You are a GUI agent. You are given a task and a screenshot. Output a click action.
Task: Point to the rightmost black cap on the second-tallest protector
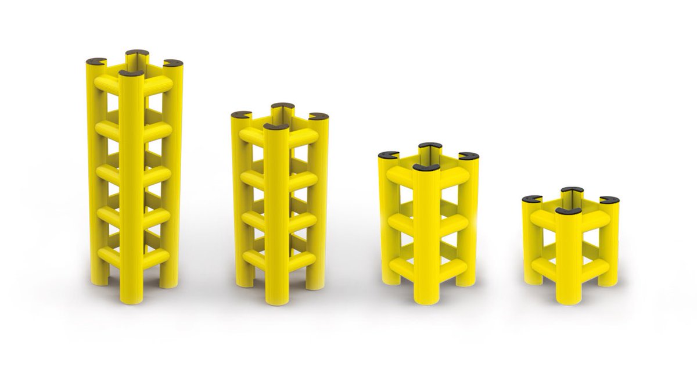318,116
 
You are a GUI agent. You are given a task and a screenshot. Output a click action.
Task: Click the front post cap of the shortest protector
568,211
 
